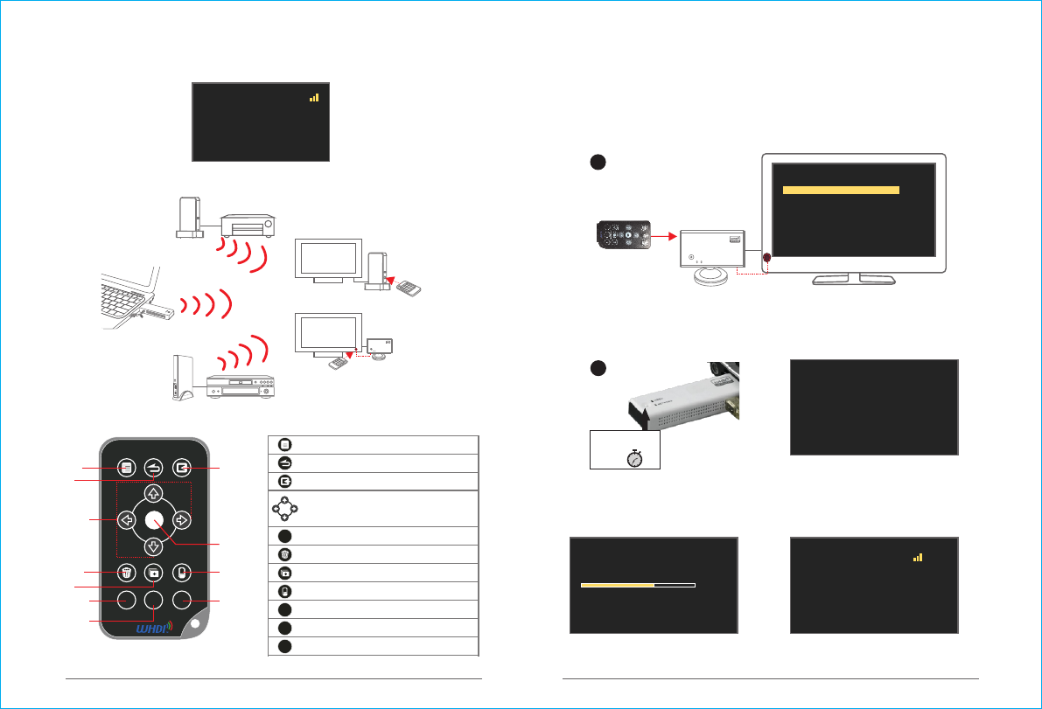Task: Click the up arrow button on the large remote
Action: click(153, 493)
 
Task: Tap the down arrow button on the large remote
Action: click(153, 547)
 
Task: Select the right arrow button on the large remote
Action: click(182, 520)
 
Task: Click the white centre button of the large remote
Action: click(154, 520)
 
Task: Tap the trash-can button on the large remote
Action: click(126, 573)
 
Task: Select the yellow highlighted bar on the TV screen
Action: click(841, 190)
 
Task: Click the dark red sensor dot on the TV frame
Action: click(767, 259)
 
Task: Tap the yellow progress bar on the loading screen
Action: click(618, 584)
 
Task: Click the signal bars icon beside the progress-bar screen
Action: click(918, 557)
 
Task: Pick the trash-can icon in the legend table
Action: click(284, 554)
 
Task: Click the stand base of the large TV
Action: click(854, 279)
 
